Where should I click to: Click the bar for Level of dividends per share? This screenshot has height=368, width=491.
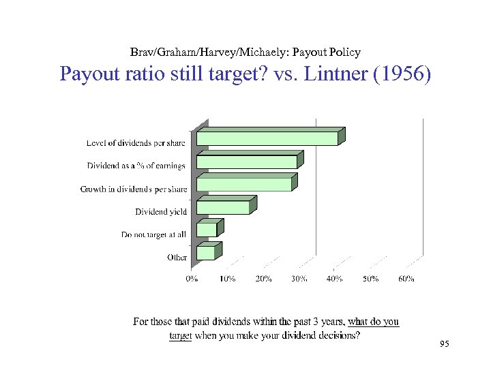point(267,138)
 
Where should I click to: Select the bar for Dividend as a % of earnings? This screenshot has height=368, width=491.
point(247,162)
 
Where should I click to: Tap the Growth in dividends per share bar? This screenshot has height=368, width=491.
point(244,184)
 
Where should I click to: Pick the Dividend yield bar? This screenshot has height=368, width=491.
point(224,208)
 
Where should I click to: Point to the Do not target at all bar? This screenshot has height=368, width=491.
point(207,230)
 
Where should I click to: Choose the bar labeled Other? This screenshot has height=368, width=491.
point(206,253)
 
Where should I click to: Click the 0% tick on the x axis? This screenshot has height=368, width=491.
point(192,278)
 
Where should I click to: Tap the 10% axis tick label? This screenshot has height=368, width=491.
point(228,278)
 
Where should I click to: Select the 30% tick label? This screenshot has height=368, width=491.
point(299,278)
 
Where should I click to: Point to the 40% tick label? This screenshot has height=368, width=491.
point(335,278)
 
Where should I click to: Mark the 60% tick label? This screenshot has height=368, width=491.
point(406,278)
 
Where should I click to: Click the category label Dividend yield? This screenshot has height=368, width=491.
point(161,212)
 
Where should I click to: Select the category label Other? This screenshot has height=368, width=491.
point(177,257)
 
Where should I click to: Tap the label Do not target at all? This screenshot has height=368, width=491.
point(154,234)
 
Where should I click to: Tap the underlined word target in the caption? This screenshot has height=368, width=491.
point(181,335)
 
